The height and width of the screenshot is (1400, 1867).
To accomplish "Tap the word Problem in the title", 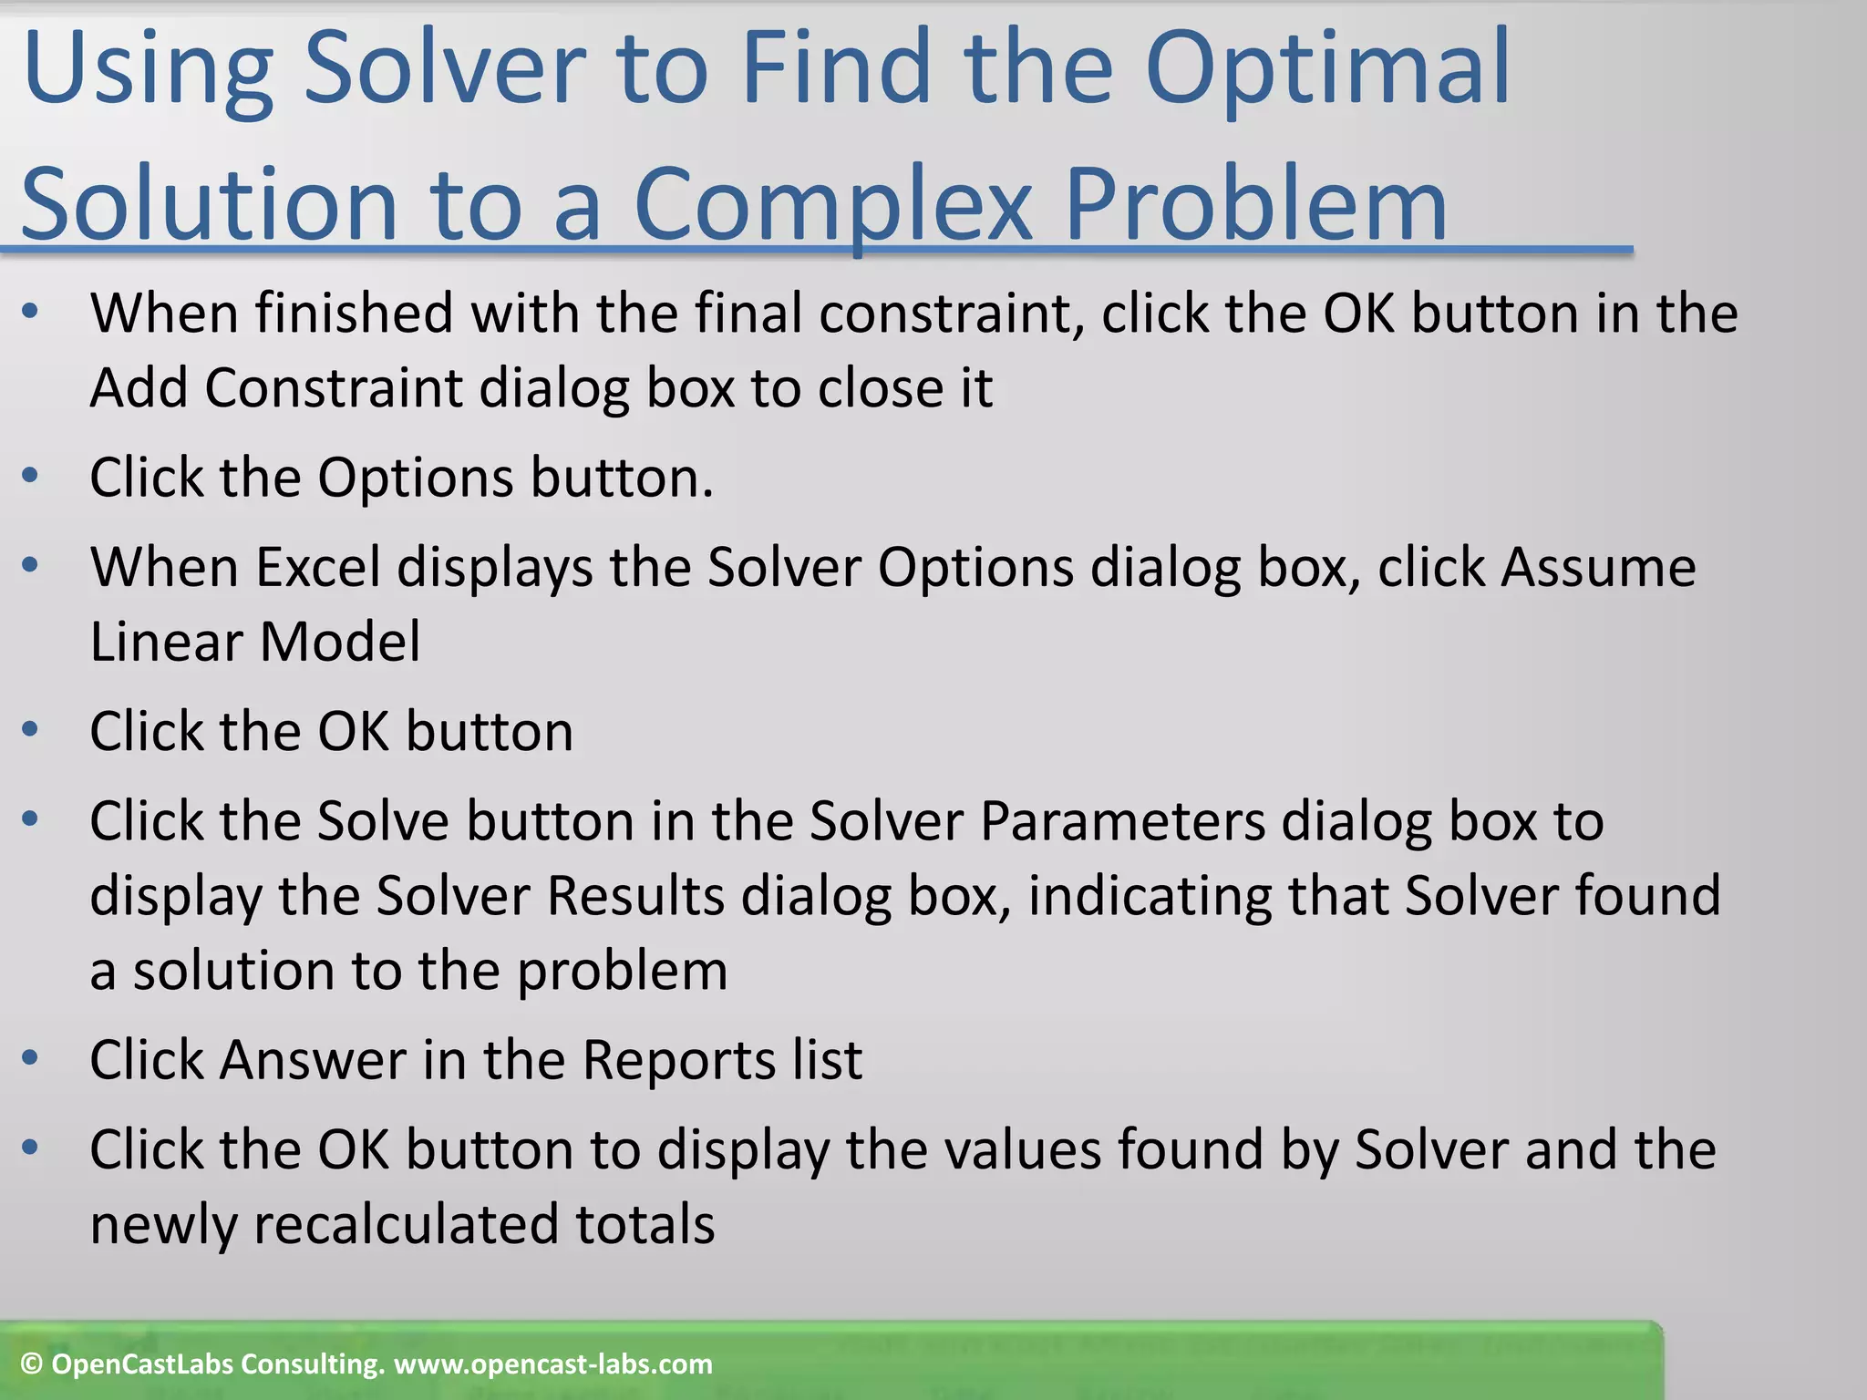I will coord(1255,205).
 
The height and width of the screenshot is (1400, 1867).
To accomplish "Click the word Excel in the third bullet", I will coord(317,567).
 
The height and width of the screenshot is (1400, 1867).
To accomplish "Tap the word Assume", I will coord(1598,567).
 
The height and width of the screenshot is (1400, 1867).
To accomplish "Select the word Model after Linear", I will coord(340,642).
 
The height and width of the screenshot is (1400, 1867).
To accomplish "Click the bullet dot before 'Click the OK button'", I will coord(30,729).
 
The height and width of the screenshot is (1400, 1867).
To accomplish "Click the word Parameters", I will coord(1122,821).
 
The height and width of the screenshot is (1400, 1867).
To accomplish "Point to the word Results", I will coord(635,896).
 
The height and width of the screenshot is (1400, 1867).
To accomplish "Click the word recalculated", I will coord(406,1224).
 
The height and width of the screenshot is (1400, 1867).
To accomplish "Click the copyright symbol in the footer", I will coord(31,1364).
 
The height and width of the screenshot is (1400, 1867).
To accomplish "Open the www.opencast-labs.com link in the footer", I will coord(552,1364).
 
